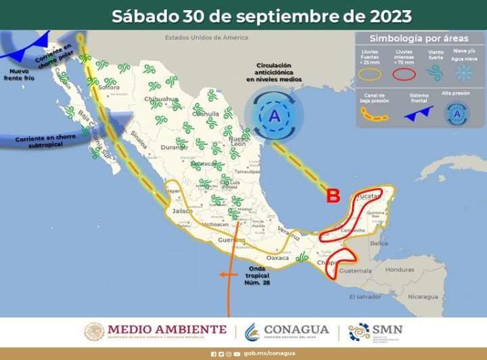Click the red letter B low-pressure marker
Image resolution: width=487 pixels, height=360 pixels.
point(333,196)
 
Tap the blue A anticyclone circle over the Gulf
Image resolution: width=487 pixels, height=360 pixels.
point(274,116)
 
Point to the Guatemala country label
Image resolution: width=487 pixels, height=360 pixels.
point(355,271)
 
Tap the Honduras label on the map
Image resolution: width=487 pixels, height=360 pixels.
point(401,270)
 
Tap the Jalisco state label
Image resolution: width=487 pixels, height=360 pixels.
point(183,212)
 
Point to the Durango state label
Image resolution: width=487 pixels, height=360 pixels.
point(173,146)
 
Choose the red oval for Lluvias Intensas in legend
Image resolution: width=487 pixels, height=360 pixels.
point(404,74)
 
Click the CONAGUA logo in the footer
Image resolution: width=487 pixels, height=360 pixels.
point(287,331)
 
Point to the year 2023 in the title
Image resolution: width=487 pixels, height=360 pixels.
point(388,15)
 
